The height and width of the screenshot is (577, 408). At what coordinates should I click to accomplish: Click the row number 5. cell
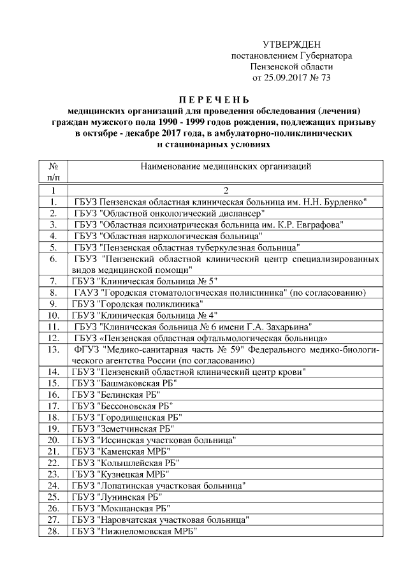click(54, 247)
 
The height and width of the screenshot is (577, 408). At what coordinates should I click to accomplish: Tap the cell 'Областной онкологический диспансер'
click(168, 213)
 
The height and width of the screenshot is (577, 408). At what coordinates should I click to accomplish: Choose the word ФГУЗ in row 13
click(87, 349)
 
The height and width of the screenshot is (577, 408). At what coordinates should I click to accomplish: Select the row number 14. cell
click(54, 372)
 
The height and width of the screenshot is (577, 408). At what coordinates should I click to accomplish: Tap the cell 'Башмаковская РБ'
click(124, 383)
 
